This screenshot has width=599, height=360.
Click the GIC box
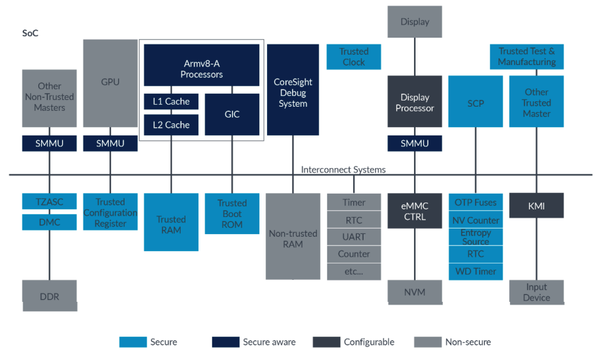point(232,114)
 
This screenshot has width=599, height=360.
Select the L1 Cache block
point(171,101)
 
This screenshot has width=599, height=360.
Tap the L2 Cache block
point(171,125)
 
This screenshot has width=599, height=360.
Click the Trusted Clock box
point(353,57)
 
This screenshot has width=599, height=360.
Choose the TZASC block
point(49,202)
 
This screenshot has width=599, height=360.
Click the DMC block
point(49,222)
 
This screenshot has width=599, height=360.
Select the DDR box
point(49,296)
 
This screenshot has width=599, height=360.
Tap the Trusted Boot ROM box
point(232,214)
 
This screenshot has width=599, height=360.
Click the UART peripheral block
point(354,237)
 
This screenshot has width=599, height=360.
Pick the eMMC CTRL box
point(414,211)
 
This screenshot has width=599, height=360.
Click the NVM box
point(414,292)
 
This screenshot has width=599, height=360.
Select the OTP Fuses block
point(476,203)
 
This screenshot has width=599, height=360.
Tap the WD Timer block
point(476,271)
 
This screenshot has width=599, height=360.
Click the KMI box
point(536,205)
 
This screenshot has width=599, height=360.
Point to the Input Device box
point(536,292)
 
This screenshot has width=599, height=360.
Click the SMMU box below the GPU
point(110,144)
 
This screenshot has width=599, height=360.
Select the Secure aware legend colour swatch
point(225,342)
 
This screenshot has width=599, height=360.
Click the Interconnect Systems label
point(343,170)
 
